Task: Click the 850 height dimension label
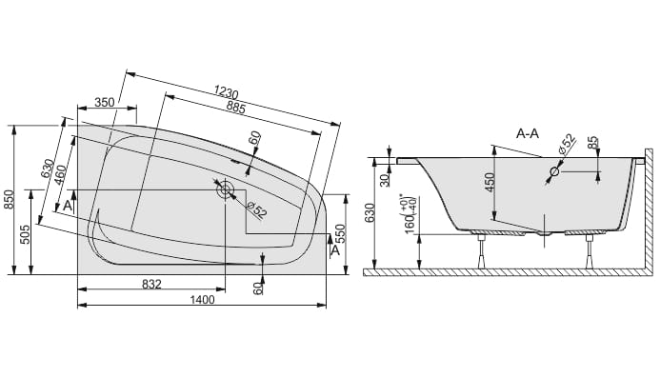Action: pos(10,200)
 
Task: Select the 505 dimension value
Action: pos(26,235)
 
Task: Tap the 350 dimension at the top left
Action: pos(105,102)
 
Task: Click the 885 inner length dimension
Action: pos(236,108)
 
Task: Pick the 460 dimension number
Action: pos(60,176)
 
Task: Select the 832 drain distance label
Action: pos(151,284)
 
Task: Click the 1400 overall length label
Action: pos(202,300)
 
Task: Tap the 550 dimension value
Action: pos(340,234)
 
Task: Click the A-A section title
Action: pos(528,134)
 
